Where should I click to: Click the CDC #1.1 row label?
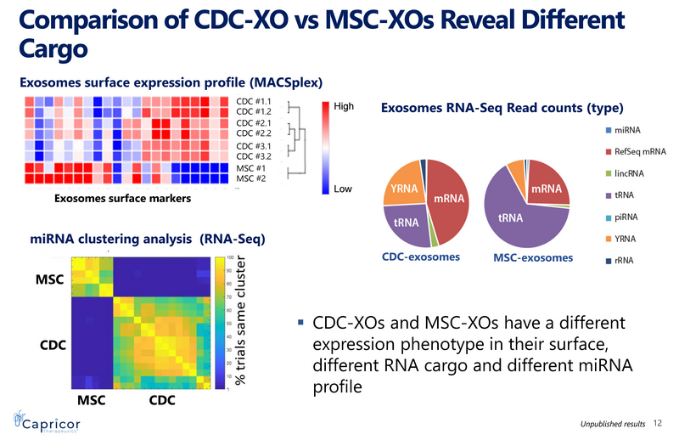tap(252, 102)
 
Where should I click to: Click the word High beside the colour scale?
tap(344, 107)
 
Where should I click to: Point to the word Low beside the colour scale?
tap(342, 188)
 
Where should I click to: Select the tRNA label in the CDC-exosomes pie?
tap(405, 223)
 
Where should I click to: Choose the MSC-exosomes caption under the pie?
tap(532, 257)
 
